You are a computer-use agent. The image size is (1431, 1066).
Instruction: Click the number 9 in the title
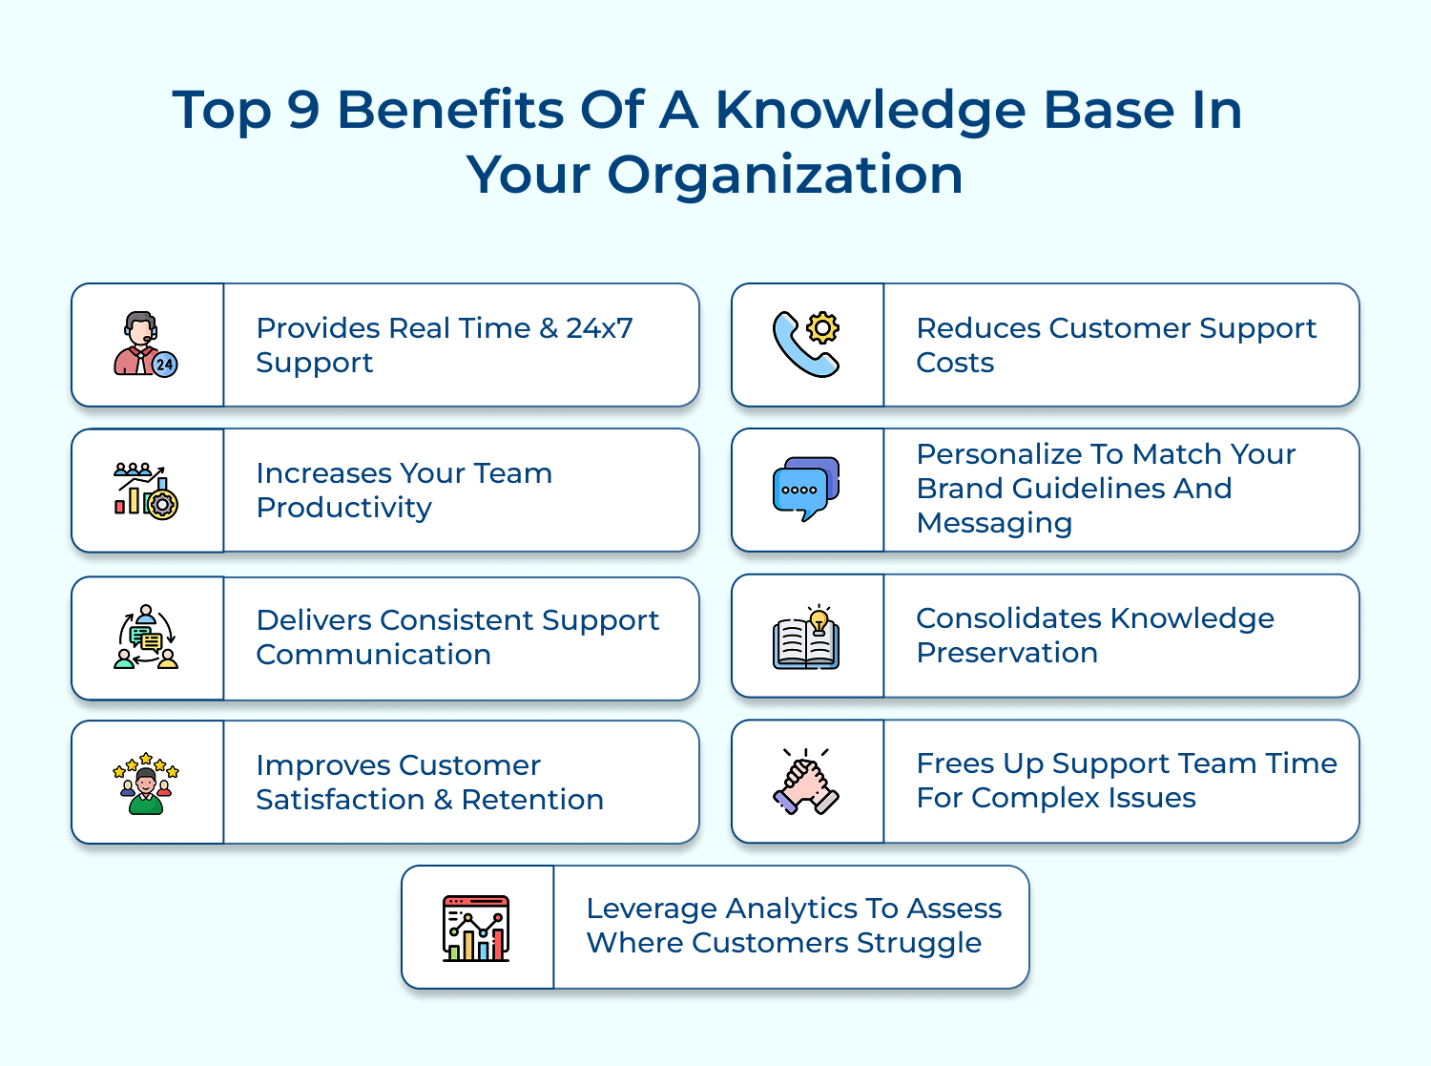pos(303,110)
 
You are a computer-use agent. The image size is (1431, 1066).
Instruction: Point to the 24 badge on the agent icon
pos(165,365)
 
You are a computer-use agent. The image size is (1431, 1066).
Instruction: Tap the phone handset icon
pos(802,346)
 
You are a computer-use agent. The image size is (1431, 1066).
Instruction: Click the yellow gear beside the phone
pos(822,328)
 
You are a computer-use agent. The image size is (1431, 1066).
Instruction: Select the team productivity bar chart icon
pos(146,491)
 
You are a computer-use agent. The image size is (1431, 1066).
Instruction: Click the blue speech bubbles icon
pos(806,489)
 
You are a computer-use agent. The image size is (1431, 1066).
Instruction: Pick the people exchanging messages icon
pos(146,637)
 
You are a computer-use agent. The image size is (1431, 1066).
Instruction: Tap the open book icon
pos(806,643)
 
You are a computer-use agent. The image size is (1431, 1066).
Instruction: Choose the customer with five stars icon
pos(146,784)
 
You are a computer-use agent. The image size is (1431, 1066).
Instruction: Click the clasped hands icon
pos(806,782)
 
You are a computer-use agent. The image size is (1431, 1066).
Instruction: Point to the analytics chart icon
pos(476,929)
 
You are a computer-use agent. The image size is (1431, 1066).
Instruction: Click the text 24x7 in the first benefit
pos(599,328)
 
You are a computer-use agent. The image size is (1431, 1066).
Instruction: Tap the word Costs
pos(955,363)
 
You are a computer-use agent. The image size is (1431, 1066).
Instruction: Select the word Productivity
pos(343,508)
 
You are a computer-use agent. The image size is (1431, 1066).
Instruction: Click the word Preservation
pos(1007,653)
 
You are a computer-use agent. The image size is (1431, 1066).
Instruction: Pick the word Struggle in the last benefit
pos(919,944)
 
